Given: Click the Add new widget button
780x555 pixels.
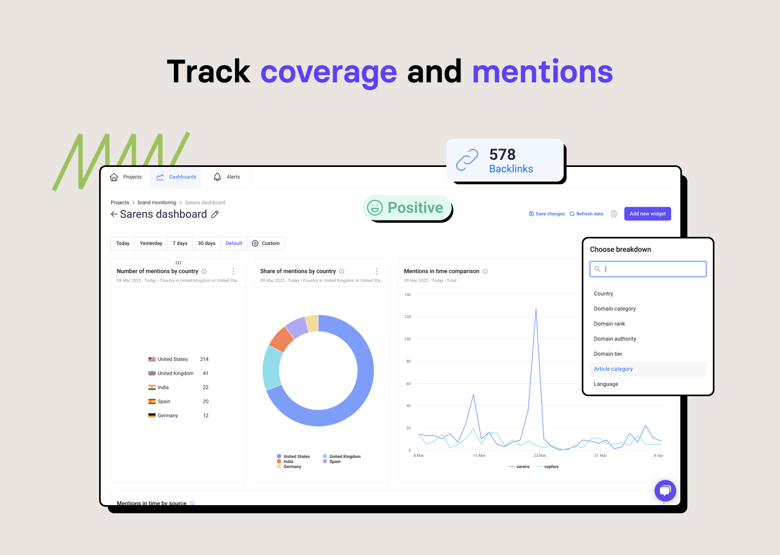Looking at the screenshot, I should coord(647,214).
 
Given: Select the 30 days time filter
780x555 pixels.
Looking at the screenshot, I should coord(206,243).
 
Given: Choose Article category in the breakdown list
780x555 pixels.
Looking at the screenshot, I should coord(613,369).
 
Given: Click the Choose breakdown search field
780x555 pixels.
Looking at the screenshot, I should coord(648,269).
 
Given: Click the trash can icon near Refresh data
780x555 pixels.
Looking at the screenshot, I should coord(614,214).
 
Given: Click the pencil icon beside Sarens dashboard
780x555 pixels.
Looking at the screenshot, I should coord(215,215).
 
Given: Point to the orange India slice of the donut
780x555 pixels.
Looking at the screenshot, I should coord(281,339).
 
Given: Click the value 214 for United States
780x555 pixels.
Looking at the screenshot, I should coord(204,359).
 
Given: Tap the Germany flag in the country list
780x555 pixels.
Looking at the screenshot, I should coord(152,416).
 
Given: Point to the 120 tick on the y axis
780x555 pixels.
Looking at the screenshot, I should coord(407,317).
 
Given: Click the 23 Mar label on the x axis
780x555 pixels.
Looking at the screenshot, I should coord(539,456).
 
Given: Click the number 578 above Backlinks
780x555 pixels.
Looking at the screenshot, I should coord(502,154).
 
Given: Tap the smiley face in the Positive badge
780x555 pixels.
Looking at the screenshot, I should coord(375,208).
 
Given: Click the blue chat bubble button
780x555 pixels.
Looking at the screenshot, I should coord(665,491).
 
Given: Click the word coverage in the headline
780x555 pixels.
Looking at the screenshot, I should coord(328,72).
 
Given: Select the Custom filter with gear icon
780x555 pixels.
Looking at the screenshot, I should coord(266,243).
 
